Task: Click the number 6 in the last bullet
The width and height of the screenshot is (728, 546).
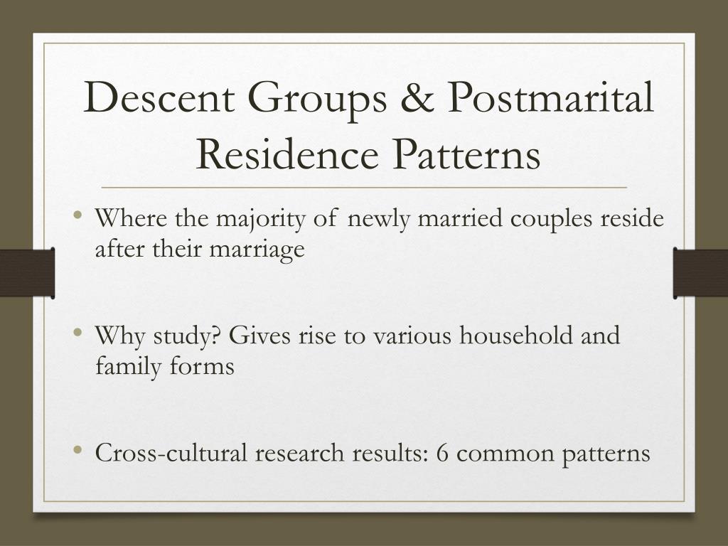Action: (x=442, y=453)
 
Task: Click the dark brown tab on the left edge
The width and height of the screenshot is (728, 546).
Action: (x=27, y=273)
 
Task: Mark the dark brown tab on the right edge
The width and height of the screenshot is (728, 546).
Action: (x=701, y=273)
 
